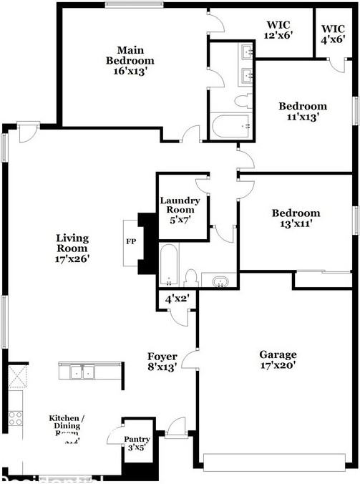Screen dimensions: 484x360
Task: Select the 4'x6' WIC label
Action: point(334,34)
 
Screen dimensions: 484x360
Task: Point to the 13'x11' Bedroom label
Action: point(295,218)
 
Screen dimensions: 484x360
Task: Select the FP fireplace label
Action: point(131,243)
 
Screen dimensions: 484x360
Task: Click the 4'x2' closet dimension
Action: point(176,299)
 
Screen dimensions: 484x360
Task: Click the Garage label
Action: point(278,359)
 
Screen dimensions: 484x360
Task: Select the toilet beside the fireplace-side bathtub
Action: point(191,276)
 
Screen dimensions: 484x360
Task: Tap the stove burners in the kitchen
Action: point(14,419)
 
